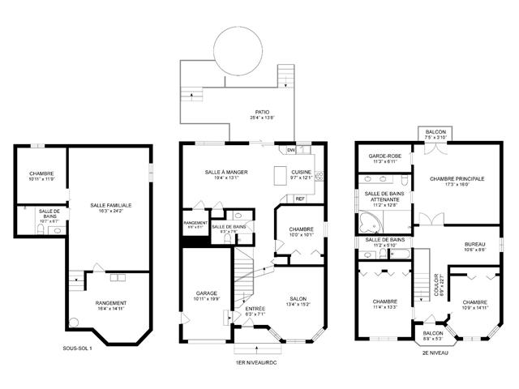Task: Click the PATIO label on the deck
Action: pyautogui.click(x=261, y=113)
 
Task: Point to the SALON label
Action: pyautogui.click(x=298, y=299)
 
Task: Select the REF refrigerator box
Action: pyautogui.click(x=299, y=199)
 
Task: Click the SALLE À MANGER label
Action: pyautogui.click(x=225, y=173)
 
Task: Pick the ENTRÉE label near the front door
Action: pyautogui.click(x=255, y=310)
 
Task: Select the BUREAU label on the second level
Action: pyautogui.click(x=475, y=245)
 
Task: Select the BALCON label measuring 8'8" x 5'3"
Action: pyautogui.click(x=431, y=332)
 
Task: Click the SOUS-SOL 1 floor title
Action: pyautogui.click(x=78, y=348)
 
